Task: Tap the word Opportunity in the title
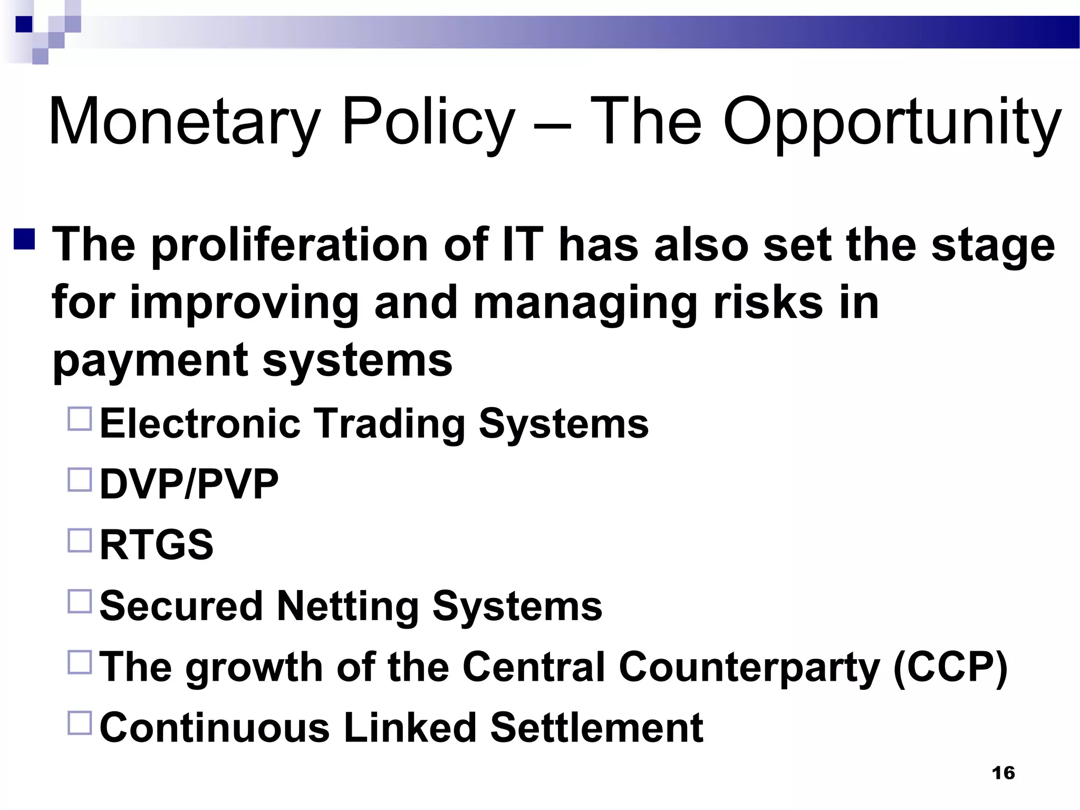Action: [891, 122]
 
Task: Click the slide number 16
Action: [1003, 773]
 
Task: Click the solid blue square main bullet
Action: [25, 238]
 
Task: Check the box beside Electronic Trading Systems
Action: [80, 418]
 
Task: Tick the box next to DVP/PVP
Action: [80, 479]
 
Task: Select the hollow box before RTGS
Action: [80, 541]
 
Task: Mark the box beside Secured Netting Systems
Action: [80, 601]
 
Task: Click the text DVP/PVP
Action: [189, 484]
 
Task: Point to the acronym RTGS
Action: [157, 545]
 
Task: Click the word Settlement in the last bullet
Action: [596, 728]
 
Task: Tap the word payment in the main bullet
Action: [150, 362]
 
